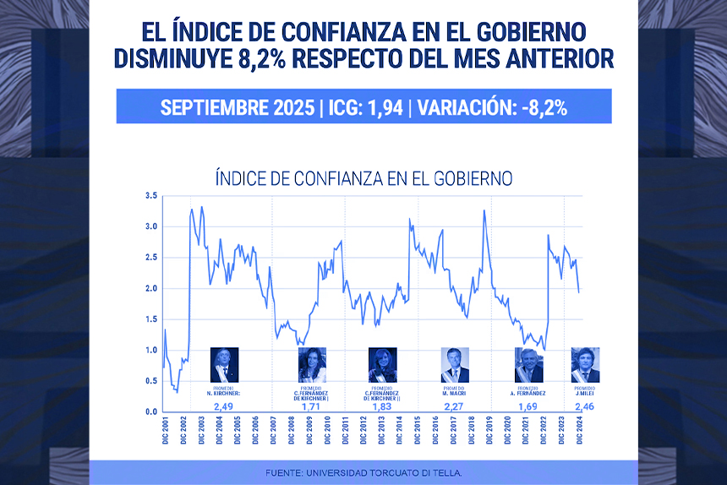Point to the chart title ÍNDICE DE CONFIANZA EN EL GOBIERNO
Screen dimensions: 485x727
(364, 178)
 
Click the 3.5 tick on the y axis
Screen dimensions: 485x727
(151, 196)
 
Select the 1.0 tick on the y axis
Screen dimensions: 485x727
(151, 351)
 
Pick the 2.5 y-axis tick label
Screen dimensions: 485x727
(151, 258)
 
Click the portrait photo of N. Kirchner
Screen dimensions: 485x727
(224, 364)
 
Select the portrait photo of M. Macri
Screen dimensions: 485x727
(455, 364)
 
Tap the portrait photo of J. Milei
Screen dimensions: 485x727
(585, 364)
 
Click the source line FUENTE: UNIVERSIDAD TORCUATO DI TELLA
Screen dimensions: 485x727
(363, 472)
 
